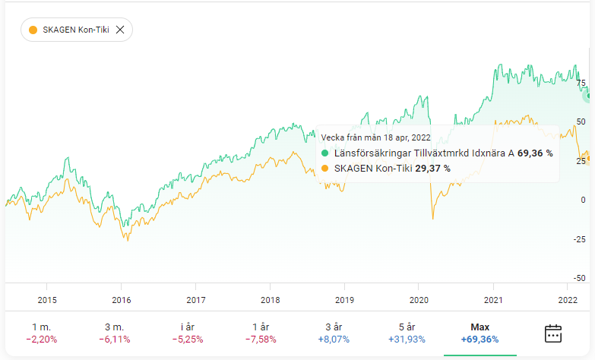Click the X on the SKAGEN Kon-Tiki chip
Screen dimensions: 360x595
coord(119,30)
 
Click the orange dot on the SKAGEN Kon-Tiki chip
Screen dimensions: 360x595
coord(33,30)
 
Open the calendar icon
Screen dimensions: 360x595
coord(553,333)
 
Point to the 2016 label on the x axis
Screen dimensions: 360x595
coord(122,299)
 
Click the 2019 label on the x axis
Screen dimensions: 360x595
coord(345,299)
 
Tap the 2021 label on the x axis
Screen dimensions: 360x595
coord(494,299)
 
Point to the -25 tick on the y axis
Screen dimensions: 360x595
coord(581,239)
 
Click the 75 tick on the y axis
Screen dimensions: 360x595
coord(581,83)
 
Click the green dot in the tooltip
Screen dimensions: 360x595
coord(326,153)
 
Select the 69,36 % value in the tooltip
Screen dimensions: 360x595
coord(536,153)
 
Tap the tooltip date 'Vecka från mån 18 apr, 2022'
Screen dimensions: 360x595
coord(375,137)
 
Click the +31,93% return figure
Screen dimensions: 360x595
coord(406,339)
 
